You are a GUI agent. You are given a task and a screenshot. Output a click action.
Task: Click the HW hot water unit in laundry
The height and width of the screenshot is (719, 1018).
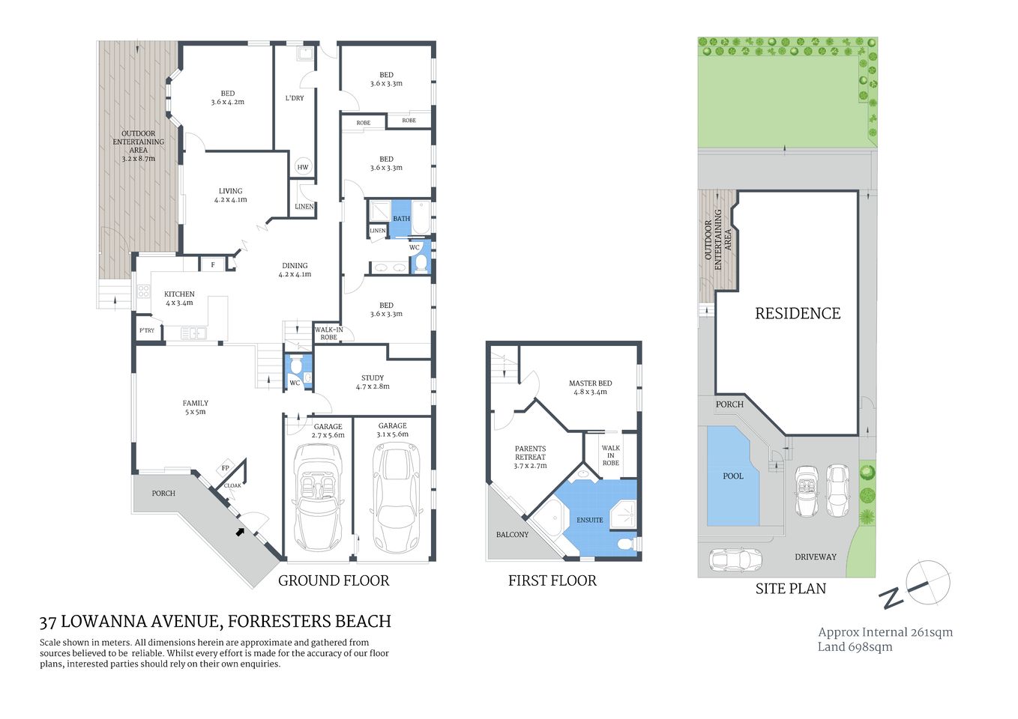pyautogui.click(x=303, y=167)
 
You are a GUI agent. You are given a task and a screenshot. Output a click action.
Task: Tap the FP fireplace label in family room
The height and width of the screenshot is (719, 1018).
pyautogui.click(x=225, y=469)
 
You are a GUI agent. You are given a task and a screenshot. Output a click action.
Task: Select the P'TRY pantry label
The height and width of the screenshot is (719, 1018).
pyautogui.click(x=147, y=330)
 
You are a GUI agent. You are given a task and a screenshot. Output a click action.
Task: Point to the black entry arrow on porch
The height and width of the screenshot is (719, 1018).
pyautogui.click(x=240, y=532)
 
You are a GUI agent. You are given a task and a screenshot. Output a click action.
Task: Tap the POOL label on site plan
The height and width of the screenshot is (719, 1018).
pyautogui.click(x=733, y=476)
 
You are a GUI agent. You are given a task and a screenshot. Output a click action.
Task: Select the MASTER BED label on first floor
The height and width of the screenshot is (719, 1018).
pyautogui.click(x=590, y=383)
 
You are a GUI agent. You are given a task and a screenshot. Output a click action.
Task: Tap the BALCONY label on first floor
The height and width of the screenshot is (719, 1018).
pyautogui.click(x=512, y=535)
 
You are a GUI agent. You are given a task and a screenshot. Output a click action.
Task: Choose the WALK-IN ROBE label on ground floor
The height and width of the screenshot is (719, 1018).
pyautogui.click(x=328, y=333)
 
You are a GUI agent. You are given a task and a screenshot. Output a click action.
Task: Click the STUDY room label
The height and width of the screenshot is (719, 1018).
pyautogui.click(x=373, y=378)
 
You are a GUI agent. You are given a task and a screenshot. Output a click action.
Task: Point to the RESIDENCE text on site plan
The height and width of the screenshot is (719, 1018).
pyautogui.click(x=798, y=314)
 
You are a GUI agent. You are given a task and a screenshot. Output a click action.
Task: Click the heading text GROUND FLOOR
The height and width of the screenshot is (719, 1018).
pyautogui.click(x=334, y=580)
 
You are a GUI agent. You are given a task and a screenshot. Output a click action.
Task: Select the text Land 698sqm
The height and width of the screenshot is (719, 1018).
pyautogui.click(x=855, y=647)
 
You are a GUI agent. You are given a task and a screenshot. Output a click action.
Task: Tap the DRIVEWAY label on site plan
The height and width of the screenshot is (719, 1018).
pyautogui.click(x=815, y=557)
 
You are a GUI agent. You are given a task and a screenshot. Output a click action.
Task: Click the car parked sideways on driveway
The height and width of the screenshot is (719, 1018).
pyautogui.click(x=735, y=559)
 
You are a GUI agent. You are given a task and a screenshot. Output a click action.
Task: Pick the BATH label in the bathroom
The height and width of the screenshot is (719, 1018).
pyautogui.click(x=401, y=219)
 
